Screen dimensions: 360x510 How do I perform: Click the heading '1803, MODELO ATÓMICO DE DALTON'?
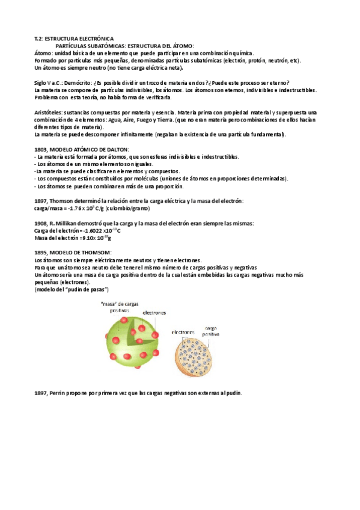point(82,149)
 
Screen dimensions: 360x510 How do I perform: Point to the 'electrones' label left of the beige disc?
point(183,331)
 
